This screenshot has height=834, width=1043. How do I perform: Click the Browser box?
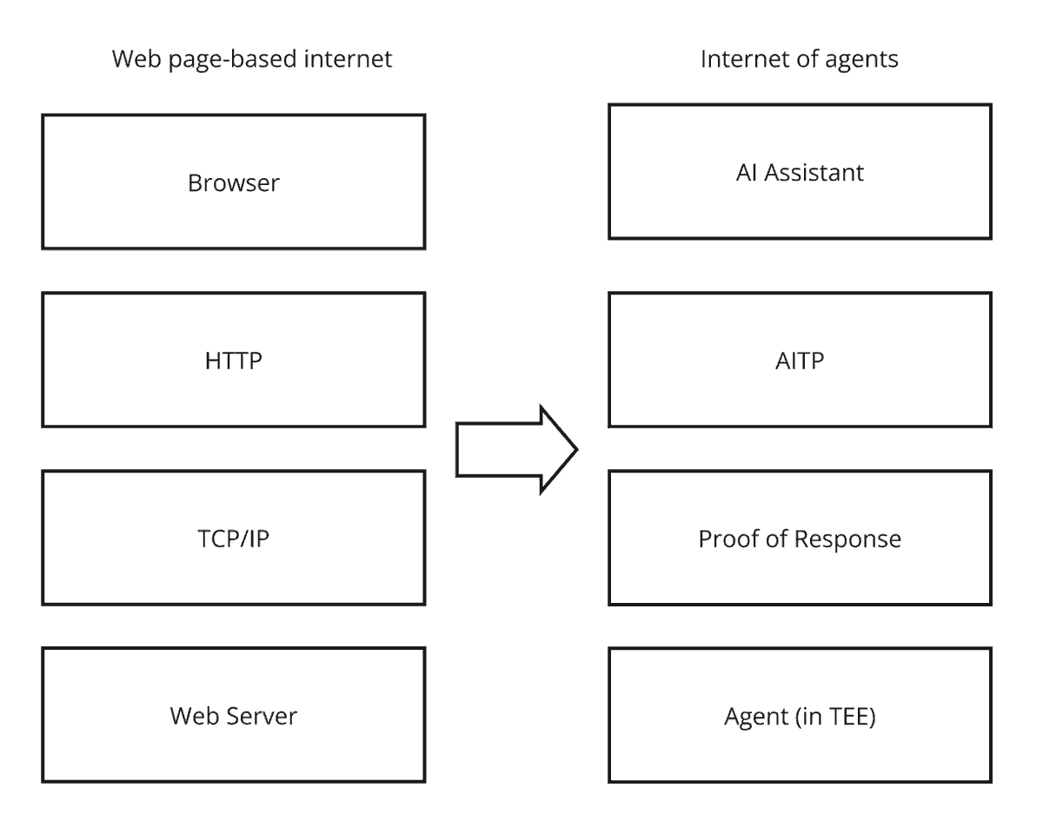tap(234, 182)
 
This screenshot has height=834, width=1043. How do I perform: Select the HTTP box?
tap(234, 360)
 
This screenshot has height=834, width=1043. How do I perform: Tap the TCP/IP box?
tap(234, 538)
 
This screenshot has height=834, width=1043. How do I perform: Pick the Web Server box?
tap(234, 715)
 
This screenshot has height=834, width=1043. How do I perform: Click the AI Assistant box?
tap(800, 171)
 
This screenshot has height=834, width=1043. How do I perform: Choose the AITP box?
tap(800, 360)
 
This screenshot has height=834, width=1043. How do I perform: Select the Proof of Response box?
tap(800, 539)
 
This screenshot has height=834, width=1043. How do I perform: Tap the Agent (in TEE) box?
tap(800, 715)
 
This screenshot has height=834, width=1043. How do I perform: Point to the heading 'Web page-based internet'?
tap(252, 60)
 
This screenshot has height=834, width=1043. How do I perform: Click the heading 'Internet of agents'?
tap(800, 60)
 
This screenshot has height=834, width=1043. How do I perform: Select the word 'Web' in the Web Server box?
tap(190, 716)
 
